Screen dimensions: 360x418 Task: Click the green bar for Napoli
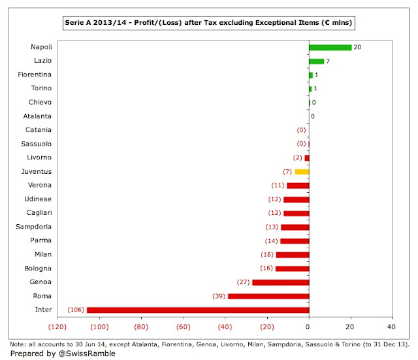(x=330, y=48)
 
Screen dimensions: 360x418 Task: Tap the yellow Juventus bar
(x=301, y=172)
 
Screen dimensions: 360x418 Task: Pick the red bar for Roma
(x=268, y=296)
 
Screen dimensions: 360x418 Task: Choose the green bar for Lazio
(x=316, y=61)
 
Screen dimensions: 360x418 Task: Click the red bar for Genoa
(x=280, y=282)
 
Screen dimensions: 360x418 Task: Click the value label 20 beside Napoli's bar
(x=357, y=48)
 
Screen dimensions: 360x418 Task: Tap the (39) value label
(x=218, y=296)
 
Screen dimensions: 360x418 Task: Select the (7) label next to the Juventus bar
(x=287, y=172)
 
